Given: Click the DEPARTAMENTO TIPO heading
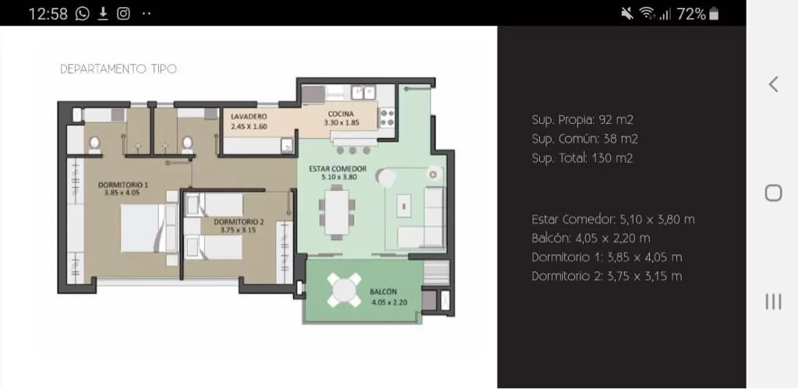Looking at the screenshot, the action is tap(118, 69).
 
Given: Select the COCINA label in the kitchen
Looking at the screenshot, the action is tap(341, 114).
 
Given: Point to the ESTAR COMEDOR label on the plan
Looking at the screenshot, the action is tap(338, 168).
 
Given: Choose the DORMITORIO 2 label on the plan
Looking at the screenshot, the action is tap(238, 222).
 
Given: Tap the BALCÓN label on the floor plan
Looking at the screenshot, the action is tap(383, 292).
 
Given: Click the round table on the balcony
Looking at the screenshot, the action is tap(344, 290).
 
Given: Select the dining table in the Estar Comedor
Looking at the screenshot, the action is tap(337, 211).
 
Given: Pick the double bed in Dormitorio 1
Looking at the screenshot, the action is tap(149, 228).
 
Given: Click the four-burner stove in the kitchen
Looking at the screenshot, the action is tap(387, 118).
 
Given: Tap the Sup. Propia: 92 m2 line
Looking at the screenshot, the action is tap(582, 120).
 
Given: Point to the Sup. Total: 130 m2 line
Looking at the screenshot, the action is tap(582, 158).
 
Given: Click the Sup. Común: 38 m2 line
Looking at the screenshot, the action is tap(584, 139).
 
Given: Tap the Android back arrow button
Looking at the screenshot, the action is tap(774, 84).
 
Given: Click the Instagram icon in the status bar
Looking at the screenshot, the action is tap(124, 14).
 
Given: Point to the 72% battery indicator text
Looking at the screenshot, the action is tap(691, 14).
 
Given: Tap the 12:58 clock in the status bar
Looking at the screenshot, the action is tap(48, 14).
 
